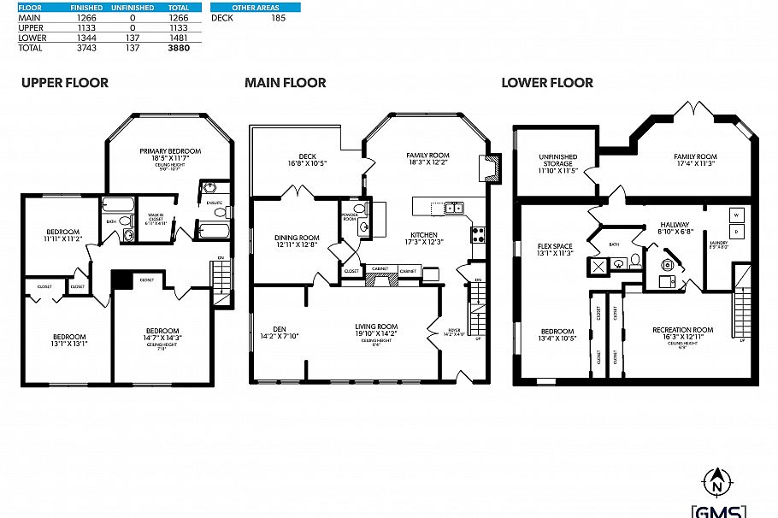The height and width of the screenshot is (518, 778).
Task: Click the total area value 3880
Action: (179, 48)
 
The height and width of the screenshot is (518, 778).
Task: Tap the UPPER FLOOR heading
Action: (65, 83)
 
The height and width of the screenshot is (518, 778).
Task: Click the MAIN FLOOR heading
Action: (285, 83)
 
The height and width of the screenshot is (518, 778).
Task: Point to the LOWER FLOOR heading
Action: (547, 83)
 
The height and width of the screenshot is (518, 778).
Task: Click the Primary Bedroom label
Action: (170, 151)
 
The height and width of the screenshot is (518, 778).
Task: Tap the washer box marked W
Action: (736, 215)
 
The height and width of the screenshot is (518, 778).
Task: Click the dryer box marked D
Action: (736, 232)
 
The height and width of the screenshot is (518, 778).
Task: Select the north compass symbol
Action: (715, 485)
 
